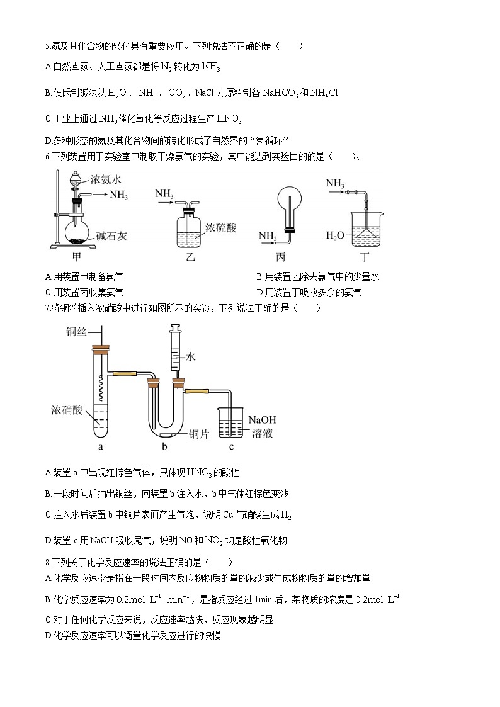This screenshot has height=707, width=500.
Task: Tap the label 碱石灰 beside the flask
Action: [112, 237]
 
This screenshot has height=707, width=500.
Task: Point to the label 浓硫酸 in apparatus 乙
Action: [220, 227]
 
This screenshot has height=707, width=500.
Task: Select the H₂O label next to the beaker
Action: [335, 235]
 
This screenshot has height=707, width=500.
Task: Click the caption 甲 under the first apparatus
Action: [77, 257]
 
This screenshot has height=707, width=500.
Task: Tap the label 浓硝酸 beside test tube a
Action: [67, 410]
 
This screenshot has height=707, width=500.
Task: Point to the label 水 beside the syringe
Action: [191, 357]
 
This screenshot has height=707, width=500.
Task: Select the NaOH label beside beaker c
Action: [263, 420]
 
